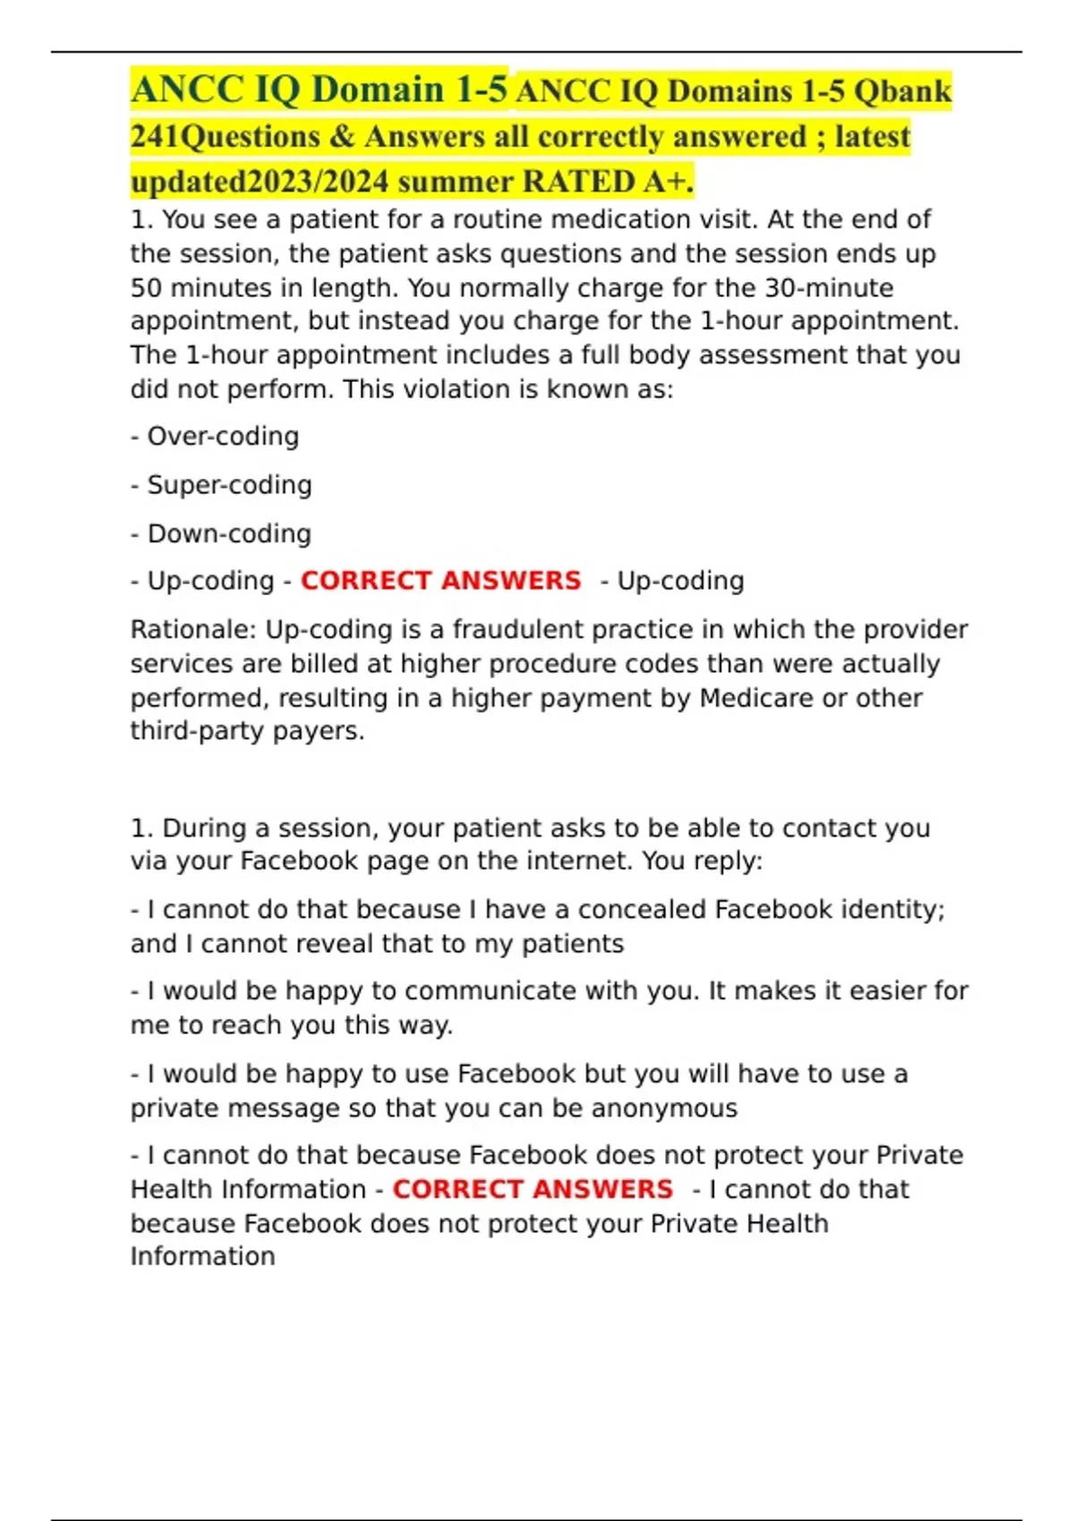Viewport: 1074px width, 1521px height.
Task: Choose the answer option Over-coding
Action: pyautogui.click(x=223, y=437)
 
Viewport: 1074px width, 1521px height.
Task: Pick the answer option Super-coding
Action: pyautogui.click(x=229, y=485)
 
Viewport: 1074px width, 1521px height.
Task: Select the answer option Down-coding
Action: pyautogui.click(x=229, y=534)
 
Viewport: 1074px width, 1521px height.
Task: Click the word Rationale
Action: pyautogui.click(x=193, y=630)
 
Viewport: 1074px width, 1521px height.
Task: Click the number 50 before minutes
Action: pyautogui.click(x=146, y=288)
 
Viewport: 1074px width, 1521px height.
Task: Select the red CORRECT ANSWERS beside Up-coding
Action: pyautogui.click(x=440, y=581)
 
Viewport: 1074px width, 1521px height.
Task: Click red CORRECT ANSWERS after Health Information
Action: pyautogui.click(x=533, y=1189)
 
